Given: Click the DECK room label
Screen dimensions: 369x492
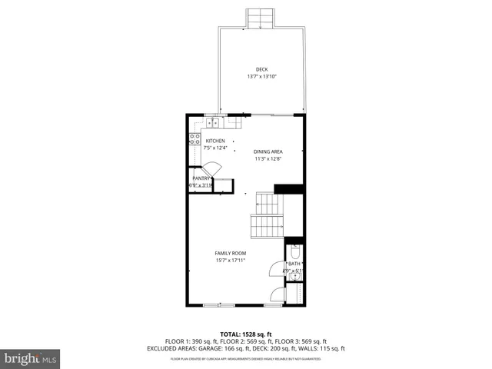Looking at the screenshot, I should [261, 70].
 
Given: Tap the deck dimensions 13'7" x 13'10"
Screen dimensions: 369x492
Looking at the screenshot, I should [261, 77].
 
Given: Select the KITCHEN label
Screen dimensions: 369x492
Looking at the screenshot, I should [214, 141].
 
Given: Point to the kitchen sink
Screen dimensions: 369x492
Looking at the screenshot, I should [211, 122].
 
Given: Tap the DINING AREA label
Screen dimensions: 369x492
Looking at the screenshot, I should [268, 151].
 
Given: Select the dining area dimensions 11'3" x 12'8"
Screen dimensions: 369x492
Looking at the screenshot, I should [268, 159].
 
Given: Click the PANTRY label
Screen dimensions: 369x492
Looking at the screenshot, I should [201, 178].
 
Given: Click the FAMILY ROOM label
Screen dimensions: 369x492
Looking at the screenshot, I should [230, 253].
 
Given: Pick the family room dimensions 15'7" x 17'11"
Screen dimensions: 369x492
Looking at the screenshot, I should [230, 261].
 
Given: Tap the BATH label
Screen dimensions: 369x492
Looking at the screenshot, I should [294, 264].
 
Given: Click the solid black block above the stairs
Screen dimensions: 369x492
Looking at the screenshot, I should [289, 189].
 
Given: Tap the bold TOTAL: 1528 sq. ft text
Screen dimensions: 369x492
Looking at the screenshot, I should [246, 334].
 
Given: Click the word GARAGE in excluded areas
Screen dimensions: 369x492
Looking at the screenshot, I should [214, 347].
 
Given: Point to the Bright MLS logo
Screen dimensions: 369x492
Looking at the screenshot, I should [31, 358].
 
